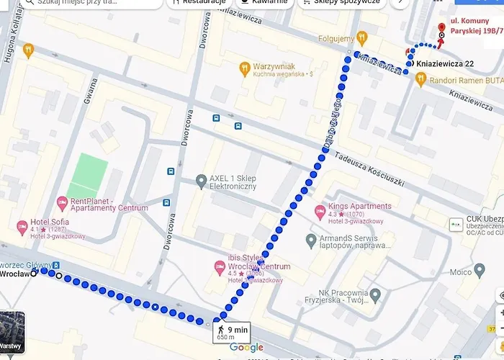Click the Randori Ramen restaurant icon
click(422, 80)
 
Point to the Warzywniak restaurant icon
click(245, 68)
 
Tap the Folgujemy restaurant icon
click(363, 37)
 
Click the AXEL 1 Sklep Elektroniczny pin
click(201, 179)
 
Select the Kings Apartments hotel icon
click(320, 212)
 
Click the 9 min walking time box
click(231, 332)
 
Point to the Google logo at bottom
click(246, 348)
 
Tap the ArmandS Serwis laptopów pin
click(311, 239)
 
